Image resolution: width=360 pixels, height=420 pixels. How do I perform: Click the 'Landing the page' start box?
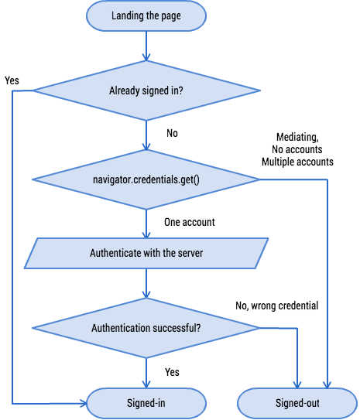click(x=146, y=15)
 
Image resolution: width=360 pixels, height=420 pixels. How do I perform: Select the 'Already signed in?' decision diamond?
click(x=146, y=91)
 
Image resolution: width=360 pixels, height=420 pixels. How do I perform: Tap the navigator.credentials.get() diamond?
click(x=146, y=180)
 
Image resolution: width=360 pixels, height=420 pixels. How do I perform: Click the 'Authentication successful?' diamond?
click(x=146, y=328)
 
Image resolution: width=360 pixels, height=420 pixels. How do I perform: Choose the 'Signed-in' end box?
click(x=146, y=404)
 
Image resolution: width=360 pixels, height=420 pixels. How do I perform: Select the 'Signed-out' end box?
click(x=298, y=404)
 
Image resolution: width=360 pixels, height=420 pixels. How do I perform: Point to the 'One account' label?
click(x=189, y=222)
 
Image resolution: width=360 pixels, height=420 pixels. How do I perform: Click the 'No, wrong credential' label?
click(x=276, y=306)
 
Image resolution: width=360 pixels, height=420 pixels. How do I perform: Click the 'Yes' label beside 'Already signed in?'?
click(x=12, y=80)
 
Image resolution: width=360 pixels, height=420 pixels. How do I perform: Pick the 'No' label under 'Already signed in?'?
click(x=172, y=133)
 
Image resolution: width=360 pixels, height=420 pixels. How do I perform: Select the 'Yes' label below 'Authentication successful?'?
click(x=172, y=372)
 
